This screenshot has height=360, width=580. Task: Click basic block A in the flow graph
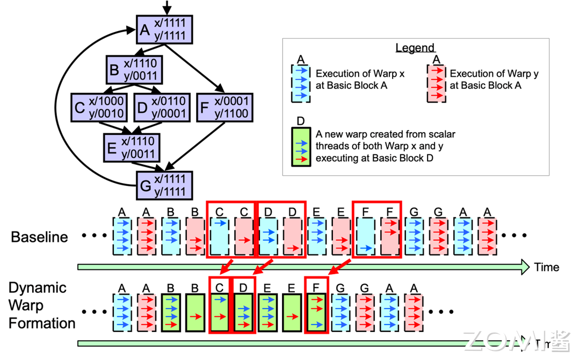(x=164, y=30)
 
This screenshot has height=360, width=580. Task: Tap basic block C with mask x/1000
(x=99, y=107)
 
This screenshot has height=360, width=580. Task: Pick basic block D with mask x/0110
(x=161, y=107)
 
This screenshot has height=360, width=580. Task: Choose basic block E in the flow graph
(x=132, y=147)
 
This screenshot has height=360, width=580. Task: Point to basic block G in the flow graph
(x=164, y=185)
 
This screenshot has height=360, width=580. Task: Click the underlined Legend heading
(x=415, y=48)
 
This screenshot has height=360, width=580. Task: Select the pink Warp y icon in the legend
(x=436, y=83)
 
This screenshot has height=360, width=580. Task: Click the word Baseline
(x=39, y=237)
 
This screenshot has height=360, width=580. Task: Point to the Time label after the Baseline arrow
(x=546, y=267)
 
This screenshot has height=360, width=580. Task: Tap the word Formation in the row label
(x=42, y=323)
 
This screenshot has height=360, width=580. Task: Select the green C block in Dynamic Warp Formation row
(x=219, y=312)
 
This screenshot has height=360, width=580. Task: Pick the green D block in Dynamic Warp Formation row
(x=243, y=312)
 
